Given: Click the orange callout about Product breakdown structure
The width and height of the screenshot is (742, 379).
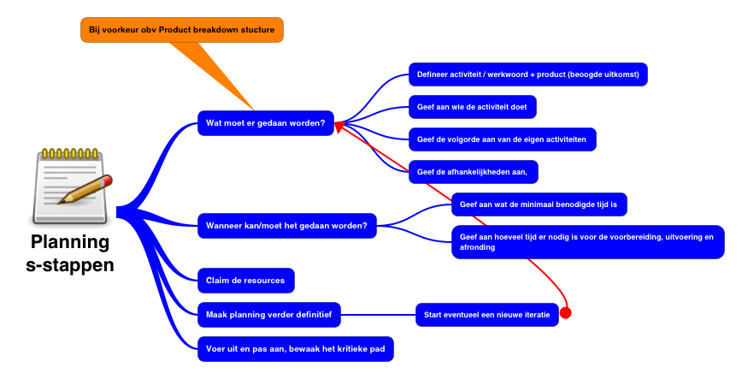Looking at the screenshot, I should [x=181, y=30].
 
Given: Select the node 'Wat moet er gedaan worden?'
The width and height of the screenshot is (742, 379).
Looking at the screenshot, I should [x=265, y=123].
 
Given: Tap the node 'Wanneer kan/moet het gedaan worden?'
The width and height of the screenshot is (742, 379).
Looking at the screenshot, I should [x=286, y=226].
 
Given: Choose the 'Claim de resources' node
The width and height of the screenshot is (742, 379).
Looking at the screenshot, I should [x=246, y=280].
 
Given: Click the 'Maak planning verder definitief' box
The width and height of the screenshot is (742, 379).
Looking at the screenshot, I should [x=269, y=315].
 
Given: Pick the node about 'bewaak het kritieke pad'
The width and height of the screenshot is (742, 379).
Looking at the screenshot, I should [x=296, y=349].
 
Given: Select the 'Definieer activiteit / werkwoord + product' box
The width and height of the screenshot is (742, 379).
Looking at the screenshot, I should [x=527, y=74].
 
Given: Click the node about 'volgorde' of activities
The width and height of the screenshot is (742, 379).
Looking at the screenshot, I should [x=502, y=139].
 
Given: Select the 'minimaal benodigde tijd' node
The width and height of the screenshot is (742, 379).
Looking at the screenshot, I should [x=539, y=204].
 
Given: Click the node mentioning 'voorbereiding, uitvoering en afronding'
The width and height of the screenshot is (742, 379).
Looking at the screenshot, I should [x=586, y=242].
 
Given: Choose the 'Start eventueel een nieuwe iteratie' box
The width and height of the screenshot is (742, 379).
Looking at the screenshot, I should [x=487, y=315].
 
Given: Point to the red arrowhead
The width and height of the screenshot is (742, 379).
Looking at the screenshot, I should [x=339, y=127].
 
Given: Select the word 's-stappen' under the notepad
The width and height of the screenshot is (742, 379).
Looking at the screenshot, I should [x=70, y=265].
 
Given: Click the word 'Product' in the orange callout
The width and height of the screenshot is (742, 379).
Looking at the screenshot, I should [x=180, y=30].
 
